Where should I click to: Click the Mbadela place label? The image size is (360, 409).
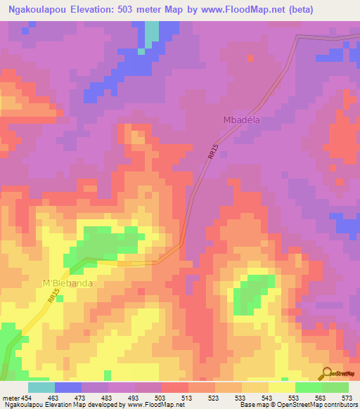241,119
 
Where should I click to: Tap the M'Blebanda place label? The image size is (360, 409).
68,283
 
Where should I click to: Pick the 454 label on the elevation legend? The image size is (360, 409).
27,398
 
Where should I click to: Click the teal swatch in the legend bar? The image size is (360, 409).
41,387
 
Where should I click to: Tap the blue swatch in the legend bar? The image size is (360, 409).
68,387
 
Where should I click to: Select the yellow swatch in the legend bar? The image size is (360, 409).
282,387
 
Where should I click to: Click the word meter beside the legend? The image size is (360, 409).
11,398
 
